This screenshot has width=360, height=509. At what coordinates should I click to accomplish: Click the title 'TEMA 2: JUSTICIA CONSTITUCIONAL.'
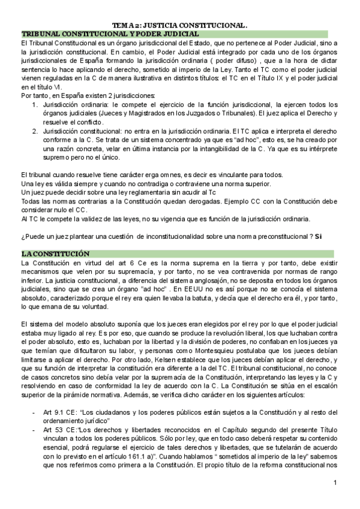point(180,26)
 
